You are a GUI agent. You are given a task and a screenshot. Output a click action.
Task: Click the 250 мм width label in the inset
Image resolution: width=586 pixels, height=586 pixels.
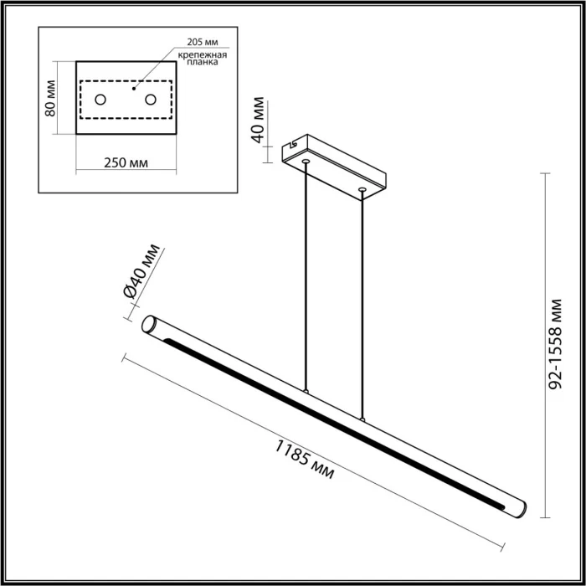(x=126, y=162)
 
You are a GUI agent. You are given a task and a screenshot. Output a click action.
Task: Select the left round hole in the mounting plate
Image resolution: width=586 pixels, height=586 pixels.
(x=100, y=100)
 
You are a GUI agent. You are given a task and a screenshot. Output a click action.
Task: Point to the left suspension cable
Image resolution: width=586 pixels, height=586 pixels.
(x=306, y=276)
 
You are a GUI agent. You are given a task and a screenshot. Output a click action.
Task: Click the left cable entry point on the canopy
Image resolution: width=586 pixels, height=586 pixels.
(x=306, y=160)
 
